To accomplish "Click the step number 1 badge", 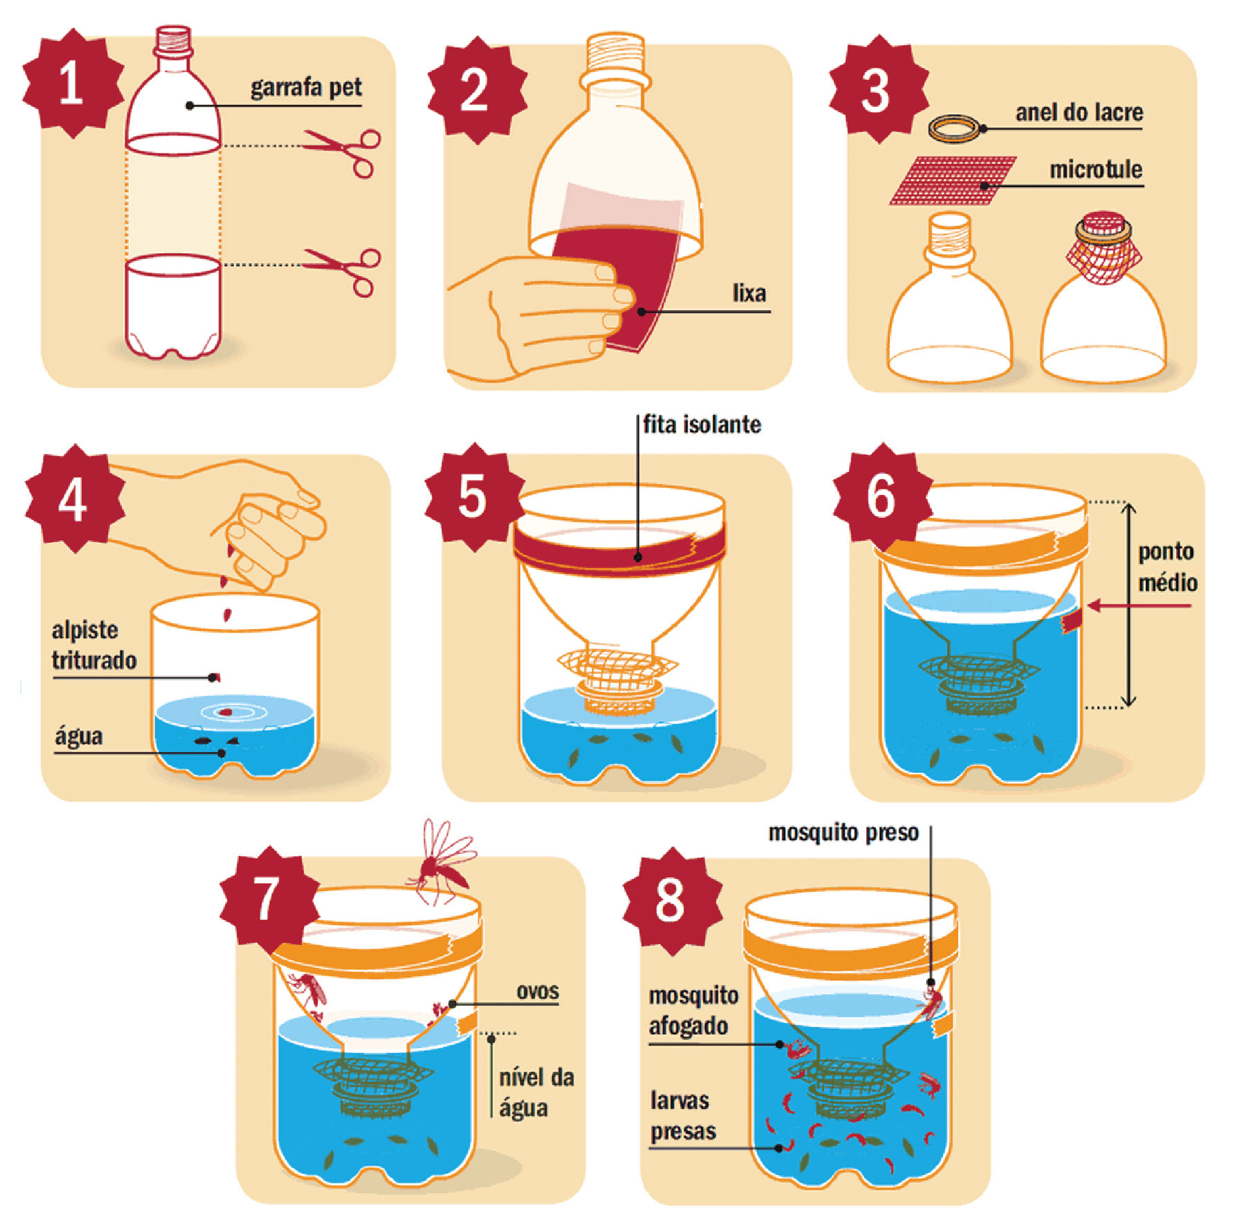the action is click(x=73, y=84).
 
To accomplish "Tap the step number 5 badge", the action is click(x=474, y=497).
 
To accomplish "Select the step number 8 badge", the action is click(x=672, y=901).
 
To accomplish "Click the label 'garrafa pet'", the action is click(x=306, y=88).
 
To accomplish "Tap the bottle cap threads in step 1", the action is click(x=173, y=41).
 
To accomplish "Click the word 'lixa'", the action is click(x=749, y=293).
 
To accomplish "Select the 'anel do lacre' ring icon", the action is click(x=955, y=129).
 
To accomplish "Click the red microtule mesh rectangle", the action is click(x=953, y=180).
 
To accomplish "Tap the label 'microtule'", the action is click(x=1096, y=169).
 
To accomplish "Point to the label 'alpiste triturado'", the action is click(x=94, y=645).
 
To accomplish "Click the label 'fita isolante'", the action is click(x=702, y=424).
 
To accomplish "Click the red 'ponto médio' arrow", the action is click(x=1139, y=606).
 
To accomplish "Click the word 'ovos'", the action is click(x=537, y=991).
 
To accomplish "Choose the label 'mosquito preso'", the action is click(x=843, y=833).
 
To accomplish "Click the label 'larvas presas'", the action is click(x=682, y=1116).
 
